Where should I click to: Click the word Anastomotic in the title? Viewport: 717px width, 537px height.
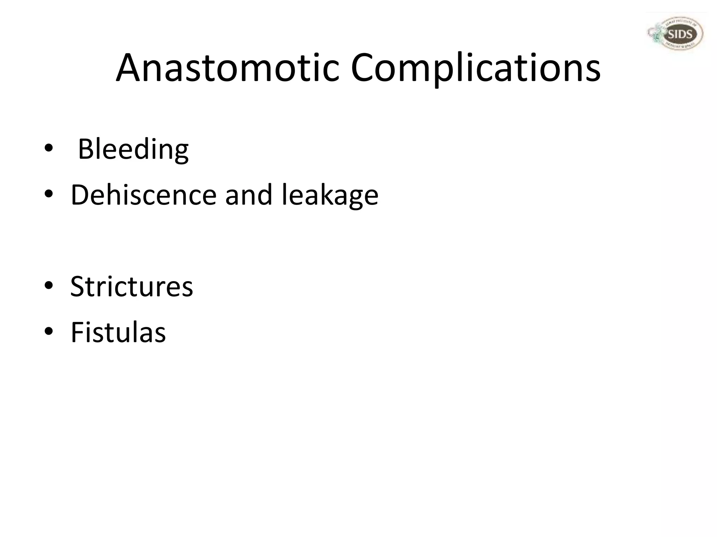point(228,68)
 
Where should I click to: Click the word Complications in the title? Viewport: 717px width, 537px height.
point(476,68)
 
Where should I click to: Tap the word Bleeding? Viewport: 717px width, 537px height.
point(133,149)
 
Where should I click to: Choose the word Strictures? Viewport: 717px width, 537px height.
point(132,286)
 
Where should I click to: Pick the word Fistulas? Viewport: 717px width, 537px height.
point(118,332)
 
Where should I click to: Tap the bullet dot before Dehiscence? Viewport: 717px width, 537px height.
point(49,194)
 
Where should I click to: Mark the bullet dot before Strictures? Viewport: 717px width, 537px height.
point(49,286)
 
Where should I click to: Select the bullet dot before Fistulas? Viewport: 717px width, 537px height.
point(49,332)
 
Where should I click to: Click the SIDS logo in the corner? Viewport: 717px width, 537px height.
point(675,34)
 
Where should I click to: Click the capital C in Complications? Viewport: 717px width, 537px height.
point(364,68)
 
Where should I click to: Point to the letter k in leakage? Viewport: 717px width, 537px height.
point(320,194)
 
